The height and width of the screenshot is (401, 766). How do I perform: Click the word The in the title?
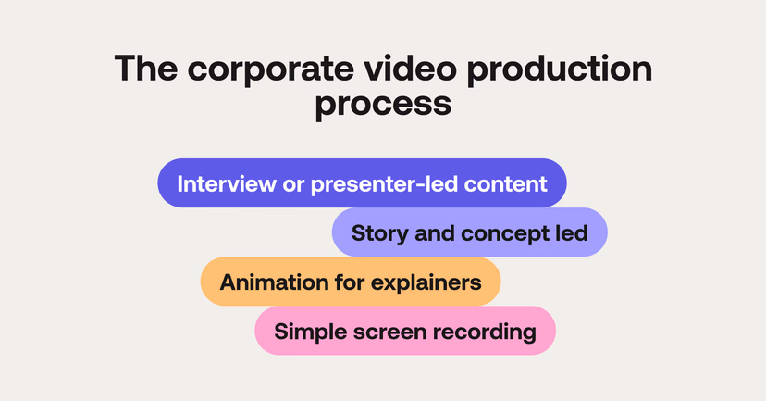143,71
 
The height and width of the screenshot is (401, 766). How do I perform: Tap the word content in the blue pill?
510,183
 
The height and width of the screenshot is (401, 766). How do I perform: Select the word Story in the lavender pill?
378,232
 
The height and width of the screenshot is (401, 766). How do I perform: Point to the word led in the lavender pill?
572,232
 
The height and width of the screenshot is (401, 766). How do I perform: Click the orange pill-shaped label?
351,282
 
